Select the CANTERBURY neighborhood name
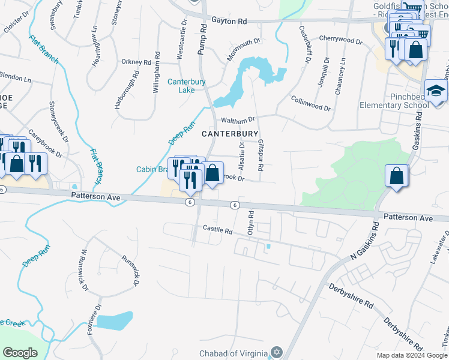(230, 133)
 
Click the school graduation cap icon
(436, 91)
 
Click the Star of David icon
(277, 352)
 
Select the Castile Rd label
(217, 229)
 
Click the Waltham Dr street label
(238, 119)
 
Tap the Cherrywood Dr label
(341, 40)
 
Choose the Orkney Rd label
(136, 62)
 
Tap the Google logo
(20, 352)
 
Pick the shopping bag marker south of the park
(397, 176)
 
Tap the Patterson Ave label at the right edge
(408, 218)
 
